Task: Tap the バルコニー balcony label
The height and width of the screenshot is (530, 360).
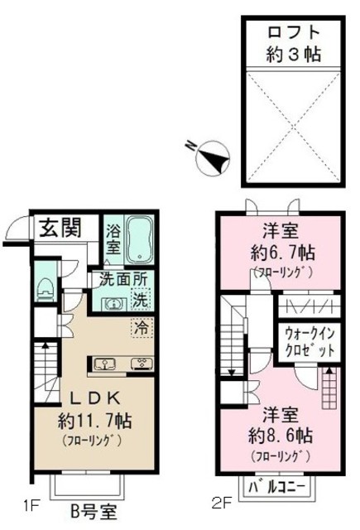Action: pos(276,488)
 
